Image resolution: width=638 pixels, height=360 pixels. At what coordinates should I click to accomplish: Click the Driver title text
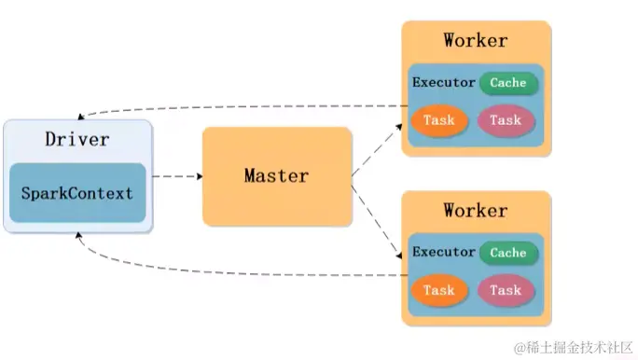click(x=76, y=140)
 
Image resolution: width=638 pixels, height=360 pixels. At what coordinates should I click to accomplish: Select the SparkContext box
click(x=77, y=194)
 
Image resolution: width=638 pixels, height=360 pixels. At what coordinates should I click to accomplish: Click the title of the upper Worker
click(x=476, y=40)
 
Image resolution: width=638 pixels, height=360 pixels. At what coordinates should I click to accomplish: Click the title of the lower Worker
click(x=476, y=210)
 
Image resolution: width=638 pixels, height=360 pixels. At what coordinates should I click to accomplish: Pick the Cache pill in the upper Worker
click(x=508, y=83)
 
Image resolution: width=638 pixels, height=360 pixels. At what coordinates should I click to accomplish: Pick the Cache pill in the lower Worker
click(x=508, y=253)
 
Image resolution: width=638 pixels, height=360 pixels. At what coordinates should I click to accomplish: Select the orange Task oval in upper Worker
click(x=438, y=120)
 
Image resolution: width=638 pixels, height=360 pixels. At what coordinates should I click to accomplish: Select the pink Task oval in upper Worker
click(x=506, y=120)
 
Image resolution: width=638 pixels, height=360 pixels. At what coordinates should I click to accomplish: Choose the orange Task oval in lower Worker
click(x=438, y=290)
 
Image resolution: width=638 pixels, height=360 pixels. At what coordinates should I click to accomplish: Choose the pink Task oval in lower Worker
click(x=506, y=290)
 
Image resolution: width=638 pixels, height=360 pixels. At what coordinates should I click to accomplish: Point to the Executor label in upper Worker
click(x=444, y=83)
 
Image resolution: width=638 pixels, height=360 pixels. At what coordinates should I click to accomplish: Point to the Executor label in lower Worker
click(x=444, y=253)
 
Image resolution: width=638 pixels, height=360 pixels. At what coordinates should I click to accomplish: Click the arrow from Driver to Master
click(x=177, y=175)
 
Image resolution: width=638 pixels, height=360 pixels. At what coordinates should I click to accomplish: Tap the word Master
click(x=277, y=175)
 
